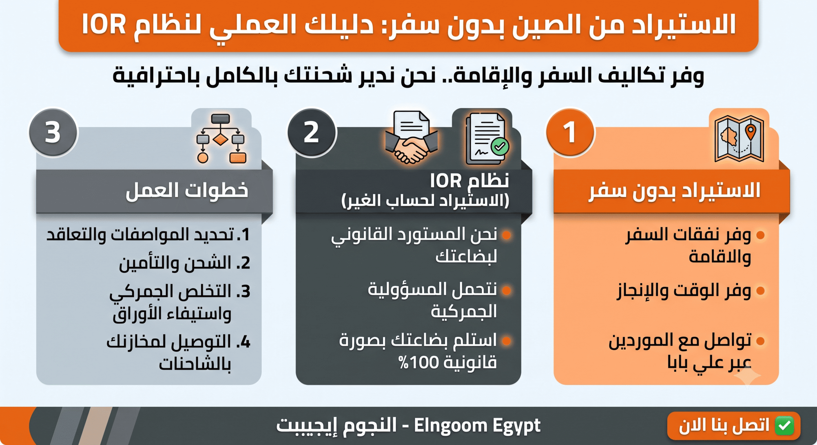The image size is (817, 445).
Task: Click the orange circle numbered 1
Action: tap(570, 132)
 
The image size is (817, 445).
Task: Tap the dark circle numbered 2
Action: tap(312, 132)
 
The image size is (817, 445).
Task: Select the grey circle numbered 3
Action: tap(53, 132)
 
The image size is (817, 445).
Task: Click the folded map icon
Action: tap(739, 139)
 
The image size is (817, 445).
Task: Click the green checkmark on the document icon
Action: tap(500, 146)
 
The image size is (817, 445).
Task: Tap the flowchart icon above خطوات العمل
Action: tap(221, 139)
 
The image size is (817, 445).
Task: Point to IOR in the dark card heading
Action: tap(446, 181)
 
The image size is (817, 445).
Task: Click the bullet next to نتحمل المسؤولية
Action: tap(506, 290)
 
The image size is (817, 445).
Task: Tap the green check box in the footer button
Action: tap(786, 426)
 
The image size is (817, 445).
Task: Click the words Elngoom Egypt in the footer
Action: tap(477, 426)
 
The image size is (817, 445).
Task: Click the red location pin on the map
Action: tap(751, 132)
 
